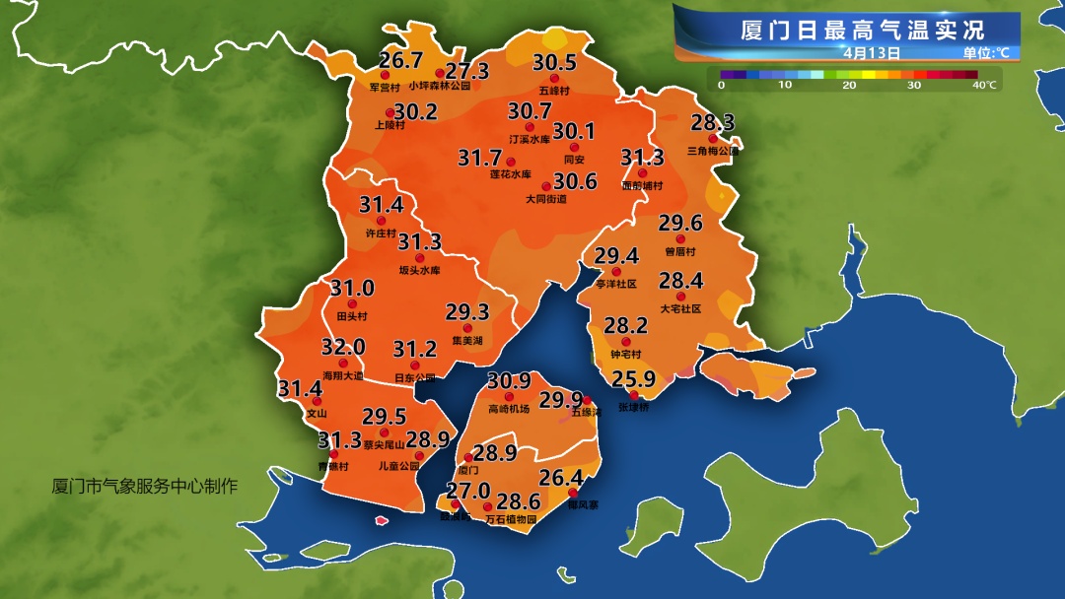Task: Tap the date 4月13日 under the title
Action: coord(872,52)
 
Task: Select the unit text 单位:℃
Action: coord(986,53)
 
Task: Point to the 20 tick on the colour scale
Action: coord(849,86)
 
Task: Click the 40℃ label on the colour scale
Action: coord(983,86)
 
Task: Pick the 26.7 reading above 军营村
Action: coord(400,61)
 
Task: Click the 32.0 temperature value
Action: coord(343,348)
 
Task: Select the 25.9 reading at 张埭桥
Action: coord(634,379)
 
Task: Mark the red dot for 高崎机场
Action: coord(510,396)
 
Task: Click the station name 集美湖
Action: coord(466,341)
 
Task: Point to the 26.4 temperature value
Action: coord(561,479)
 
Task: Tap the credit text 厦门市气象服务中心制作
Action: coord(145,487)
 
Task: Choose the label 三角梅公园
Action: coord(713,152)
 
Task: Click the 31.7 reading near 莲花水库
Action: coord(480,158)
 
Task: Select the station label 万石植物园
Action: coord(512,519)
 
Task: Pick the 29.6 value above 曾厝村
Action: coord(680,223)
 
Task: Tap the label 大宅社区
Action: coord(680,308)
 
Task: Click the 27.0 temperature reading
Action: coord(468,491)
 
